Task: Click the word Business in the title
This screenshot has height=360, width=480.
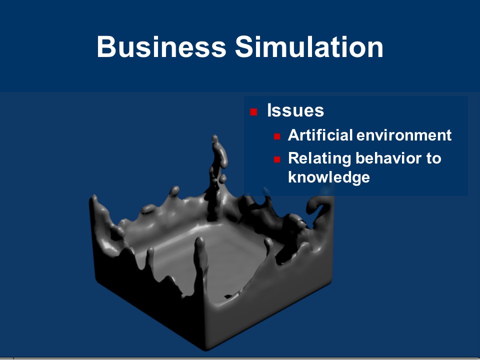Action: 161,46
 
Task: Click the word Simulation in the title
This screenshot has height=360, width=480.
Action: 309,46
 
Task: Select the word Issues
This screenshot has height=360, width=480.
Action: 295,110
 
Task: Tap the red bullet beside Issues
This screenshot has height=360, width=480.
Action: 253,111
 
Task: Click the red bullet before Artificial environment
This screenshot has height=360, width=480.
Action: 277,136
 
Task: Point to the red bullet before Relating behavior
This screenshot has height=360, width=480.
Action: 277,159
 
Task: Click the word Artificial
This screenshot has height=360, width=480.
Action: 320,135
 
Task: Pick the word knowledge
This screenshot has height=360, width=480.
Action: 329,177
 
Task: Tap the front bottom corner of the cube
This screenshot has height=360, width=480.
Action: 205,349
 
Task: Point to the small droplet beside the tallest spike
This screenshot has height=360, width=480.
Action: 223,178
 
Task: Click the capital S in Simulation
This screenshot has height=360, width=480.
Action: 244,46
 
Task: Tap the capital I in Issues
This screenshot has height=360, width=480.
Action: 269,110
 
